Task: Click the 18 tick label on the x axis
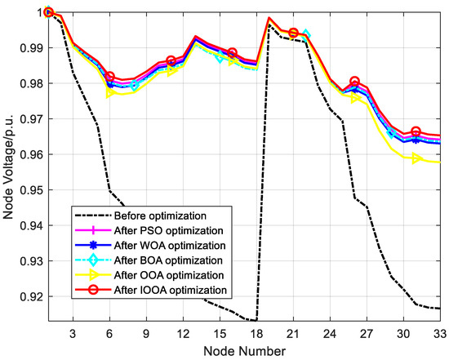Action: (x=256, y=333)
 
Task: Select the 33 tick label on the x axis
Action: (x=440, y=333)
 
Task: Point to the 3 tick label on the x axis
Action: (x=73, y=333)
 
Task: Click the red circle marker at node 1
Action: (x=48, y=12)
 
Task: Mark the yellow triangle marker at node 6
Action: (x=109, y=93)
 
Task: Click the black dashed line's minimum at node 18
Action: (x=256, y=321)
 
